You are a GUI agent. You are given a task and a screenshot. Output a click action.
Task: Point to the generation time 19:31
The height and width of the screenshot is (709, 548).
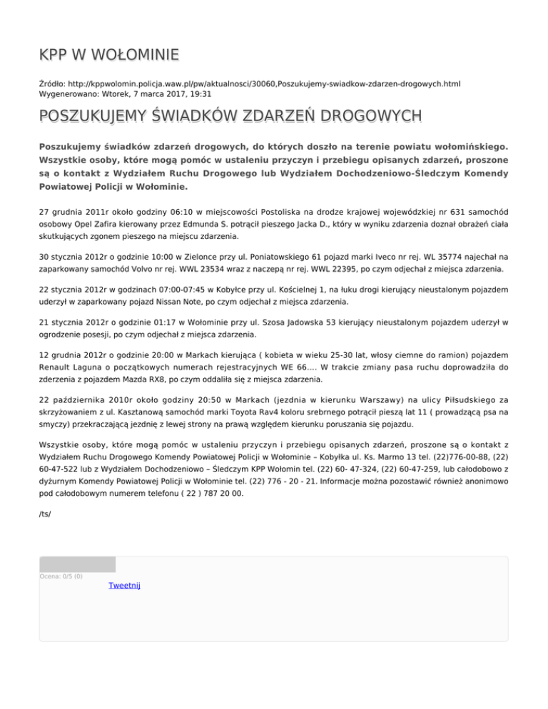point(199,93)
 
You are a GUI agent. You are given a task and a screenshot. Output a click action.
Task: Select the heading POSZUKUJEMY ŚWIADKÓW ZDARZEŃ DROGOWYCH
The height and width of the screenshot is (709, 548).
point(230,116)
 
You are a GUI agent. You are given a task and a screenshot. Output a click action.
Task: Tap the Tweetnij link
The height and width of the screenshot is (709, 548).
point(124,585)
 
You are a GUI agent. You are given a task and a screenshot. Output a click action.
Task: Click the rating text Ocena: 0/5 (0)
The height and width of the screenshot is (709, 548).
point(61,576)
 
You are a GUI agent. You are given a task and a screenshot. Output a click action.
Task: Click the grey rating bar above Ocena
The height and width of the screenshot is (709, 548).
point(77,564)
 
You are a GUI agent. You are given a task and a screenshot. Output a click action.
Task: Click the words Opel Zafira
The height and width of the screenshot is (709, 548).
point(83,222)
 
